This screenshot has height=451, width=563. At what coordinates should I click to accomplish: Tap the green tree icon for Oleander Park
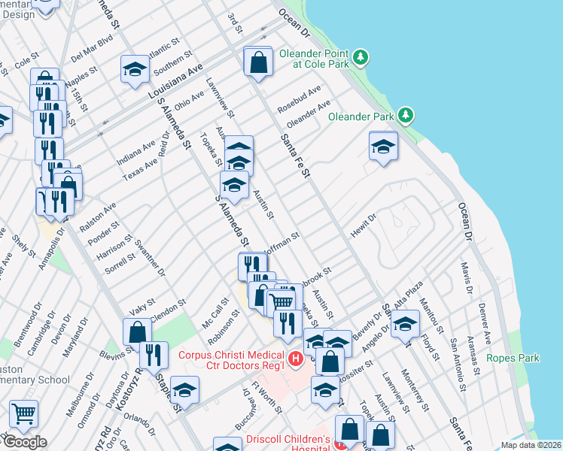(x=406, y=114)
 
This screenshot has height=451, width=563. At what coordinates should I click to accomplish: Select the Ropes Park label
(x=513, y=358)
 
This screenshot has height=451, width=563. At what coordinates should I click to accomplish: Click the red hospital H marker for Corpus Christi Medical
(x=296, y=359)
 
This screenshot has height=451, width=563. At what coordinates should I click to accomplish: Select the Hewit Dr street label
(x=362, y=225)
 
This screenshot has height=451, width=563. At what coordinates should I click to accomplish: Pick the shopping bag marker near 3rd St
(x=258, y=62)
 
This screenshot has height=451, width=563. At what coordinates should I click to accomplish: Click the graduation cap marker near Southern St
(x=135, y=70)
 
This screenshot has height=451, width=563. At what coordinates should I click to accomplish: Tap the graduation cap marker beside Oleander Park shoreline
(x=383, y=146)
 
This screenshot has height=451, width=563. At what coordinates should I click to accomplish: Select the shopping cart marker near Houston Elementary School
(x=24, y=413)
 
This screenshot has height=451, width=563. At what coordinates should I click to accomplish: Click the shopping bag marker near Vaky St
(x=137, y=331)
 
